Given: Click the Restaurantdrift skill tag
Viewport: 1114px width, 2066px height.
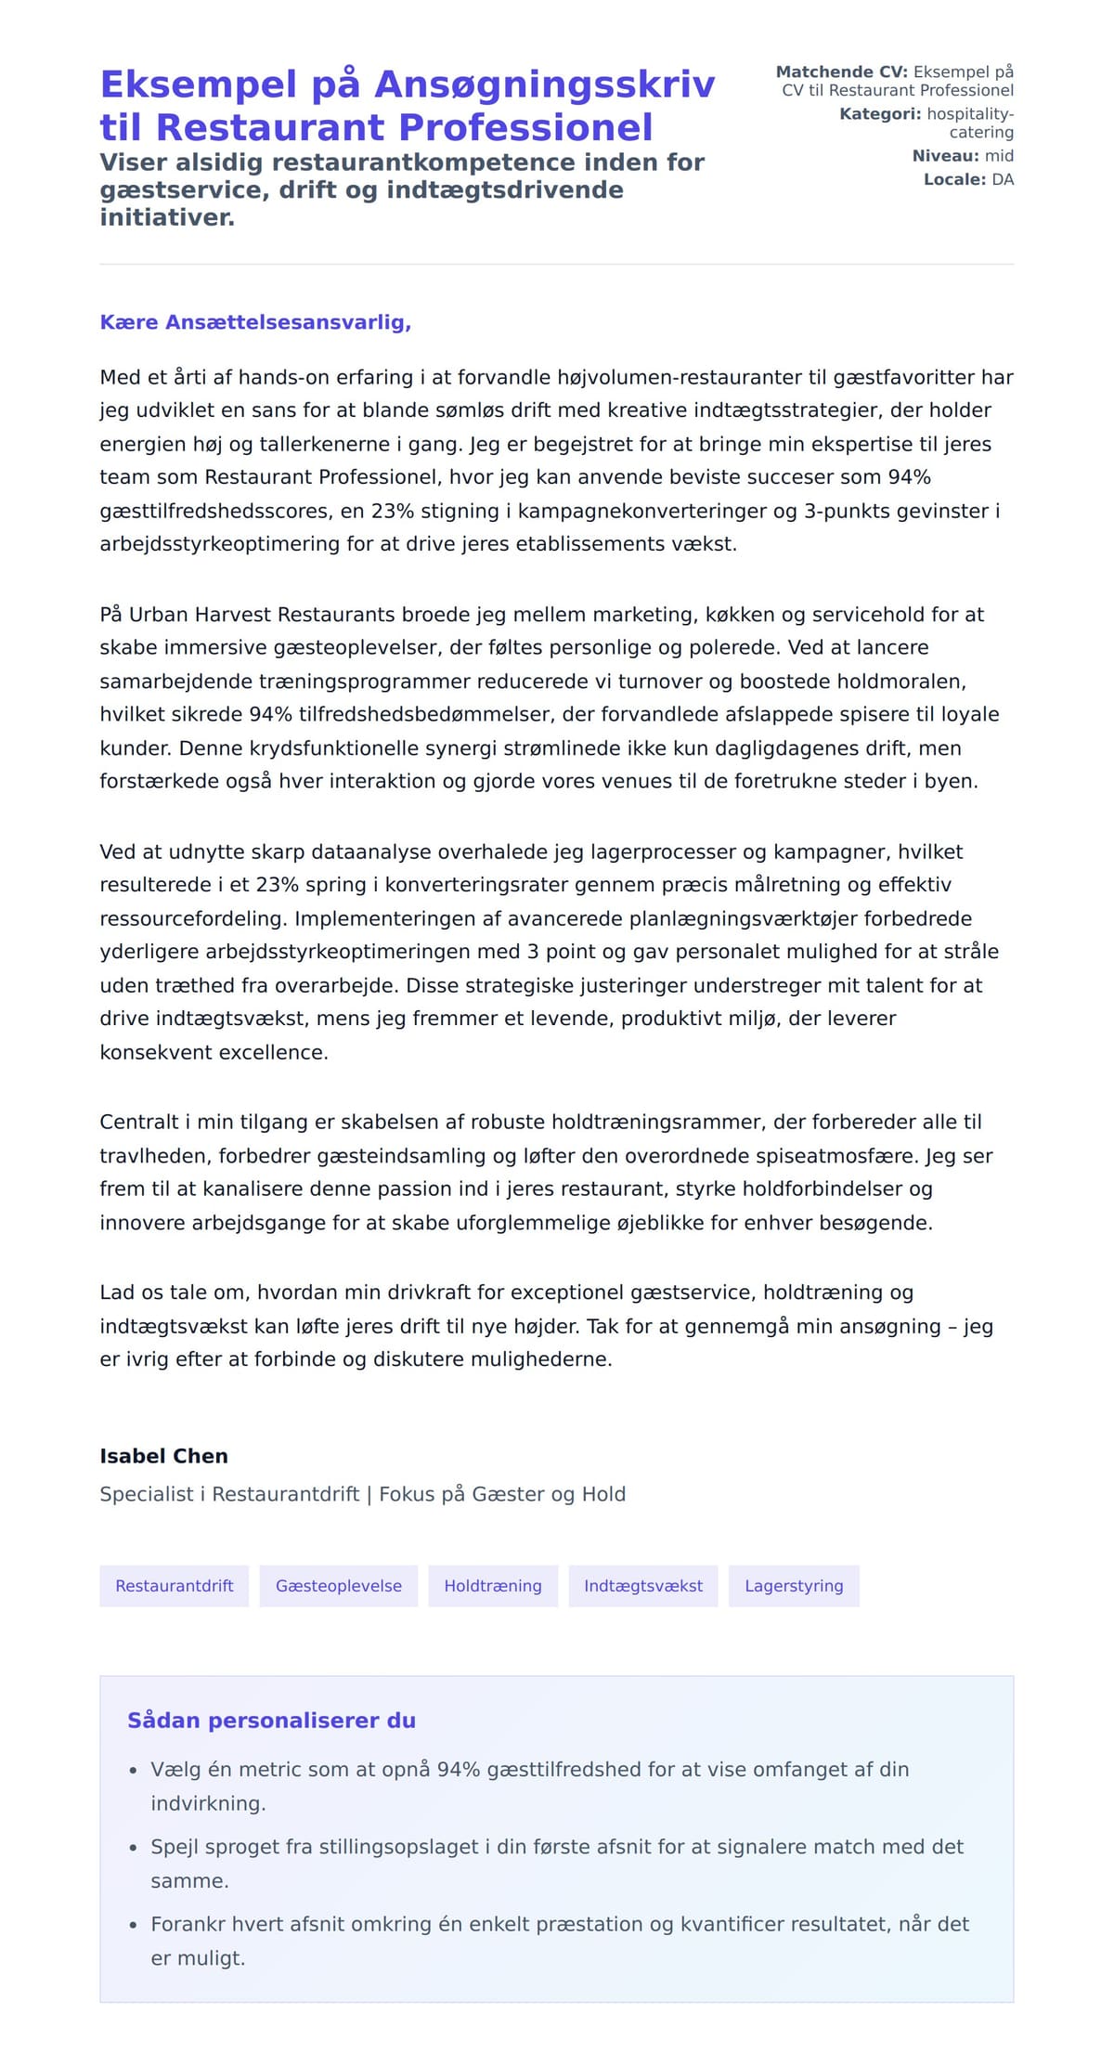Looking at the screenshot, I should click(174, 1586).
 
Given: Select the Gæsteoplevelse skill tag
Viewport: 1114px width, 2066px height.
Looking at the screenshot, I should click(338, 1586).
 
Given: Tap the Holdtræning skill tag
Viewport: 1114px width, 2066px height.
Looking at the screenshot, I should click(492, 1586).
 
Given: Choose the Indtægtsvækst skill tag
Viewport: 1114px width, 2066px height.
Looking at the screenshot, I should click(642, 1586).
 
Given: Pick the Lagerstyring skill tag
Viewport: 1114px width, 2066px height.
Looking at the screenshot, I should click(793, 1586).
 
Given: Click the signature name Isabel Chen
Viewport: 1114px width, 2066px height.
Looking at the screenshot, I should click(163, 1456).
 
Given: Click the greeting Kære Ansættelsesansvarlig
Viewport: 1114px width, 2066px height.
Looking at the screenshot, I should click(255, 322).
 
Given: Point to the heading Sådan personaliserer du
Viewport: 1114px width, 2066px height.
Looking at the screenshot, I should click(271, 1721).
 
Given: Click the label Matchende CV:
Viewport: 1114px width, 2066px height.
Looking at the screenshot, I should click(841, 71).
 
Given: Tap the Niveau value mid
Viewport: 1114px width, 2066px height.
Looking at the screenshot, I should click(999, 156).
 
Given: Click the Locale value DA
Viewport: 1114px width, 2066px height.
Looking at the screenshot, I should click(1003, 179).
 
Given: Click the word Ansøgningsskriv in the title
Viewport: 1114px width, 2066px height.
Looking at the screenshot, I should click(544, 84).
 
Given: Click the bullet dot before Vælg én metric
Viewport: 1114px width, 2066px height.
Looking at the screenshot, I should click(134, 1772).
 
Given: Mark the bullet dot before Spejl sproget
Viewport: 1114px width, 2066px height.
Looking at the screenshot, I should click(134, 1849).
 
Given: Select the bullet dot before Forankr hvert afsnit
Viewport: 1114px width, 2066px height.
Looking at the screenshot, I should click(134, 1926).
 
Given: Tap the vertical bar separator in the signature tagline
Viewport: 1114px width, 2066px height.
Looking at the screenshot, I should click(369, 1494).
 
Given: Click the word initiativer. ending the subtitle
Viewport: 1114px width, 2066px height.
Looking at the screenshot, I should click(167, 217).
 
